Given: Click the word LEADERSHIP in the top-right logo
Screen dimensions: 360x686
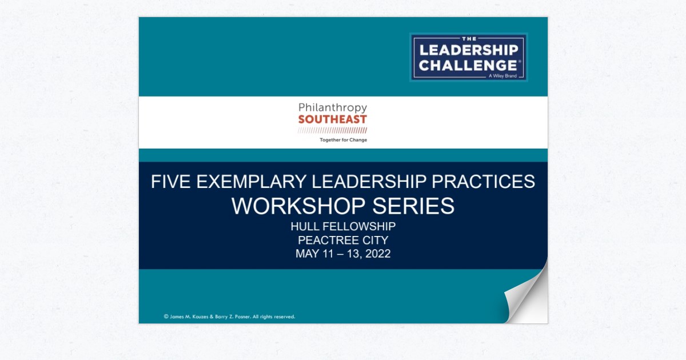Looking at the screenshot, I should click(469, 50).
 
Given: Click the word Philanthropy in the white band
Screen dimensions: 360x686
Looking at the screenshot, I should click(332, 107).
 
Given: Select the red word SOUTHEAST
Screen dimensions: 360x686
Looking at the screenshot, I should click(332, 119).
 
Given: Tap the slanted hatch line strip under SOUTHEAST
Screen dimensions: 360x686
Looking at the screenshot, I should click(332, 131).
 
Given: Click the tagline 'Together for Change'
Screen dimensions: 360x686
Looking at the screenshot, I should click(343, 140).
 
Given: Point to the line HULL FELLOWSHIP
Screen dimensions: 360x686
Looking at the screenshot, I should click(343, 226).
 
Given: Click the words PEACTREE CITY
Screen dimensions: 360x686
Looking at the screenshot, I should click(343, 240).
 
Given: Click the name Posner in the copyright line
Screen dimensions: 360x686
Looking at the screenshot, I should click(238, 317).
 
